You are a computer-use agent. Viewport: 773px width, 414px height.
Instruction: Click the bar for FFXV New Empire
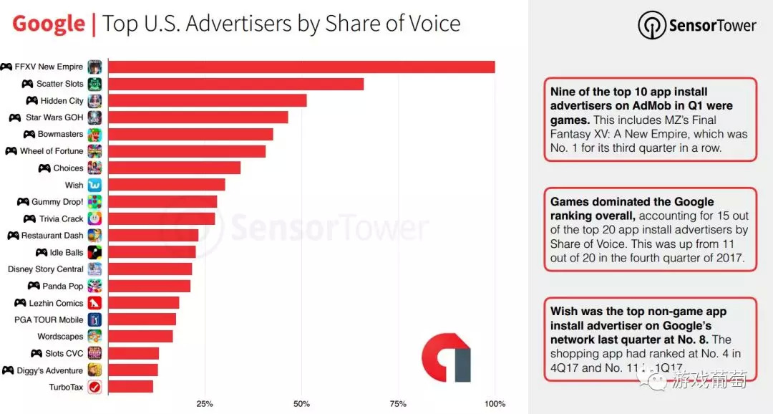click(301, 67)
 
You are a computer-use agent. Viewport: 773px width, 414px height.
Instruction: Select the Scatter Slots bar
click(235, 84)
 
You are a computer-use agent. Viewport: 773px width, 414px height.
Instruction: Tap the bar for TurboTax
click(130, 387)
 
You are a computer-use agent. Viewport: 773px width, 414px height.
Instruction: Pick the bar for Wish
click(166, 185)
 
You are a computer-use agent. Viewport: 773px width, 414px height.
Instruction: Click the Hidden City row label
click(62, 101)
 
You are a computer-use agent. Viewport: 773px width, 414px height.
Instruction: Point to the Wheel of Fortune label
click(52, 151)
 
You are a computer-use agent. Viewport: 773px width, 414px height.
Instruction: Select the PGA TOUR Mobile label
click(49, 319)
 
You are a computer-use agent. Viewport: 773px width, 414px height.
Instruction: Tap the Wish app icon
click(94, 185)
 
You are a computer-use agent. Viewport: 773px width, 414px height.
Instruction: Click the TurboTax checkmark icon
click(94, 387)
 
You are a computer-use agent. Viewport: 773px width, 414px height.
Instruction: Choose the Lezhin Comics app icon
click(94, 303)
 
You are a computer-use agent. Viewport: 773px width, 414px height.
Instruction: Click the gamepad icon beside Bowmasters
click(29, 135)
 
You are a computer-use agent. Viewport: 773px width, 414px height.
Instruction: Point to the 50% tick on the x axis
click(301, 404)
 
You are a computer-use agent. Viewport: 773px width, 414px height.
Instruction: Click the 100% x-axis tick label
click(495, 404)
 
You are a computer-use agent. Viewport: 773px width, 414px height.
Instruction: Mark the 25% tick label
click(205, 404)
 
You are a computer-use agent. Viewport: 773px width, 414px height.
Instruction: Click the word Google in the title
click(49, 24)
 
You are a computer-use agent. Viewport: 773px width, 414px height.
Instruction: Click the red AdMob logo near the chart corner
click(445, 357)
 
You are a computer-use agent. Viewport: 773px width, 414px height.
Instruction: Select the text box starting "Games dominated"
click(649, 229)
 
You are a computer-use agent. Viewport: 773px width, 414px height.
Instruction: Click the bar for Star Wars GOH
click(198, 117)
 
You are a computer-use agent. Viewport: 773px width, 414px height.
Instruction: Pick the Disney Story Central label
click(46, 269)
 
